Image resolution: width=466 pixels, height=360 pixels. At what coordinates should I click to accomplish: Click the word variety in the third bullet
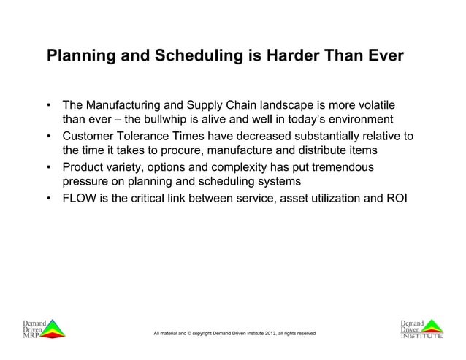point(131,168)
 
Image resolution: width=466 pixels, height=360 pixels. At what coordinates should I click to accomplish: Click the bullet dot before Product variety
point(49,168)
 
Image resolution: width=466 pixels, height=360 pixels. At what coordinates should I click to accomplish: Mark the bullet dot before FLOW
point(49,199)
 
